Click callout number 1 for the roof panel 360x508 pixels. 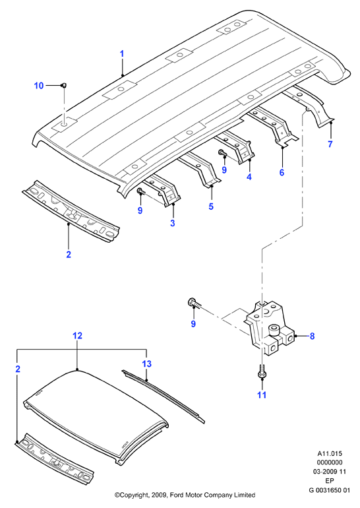(x=122, y=54)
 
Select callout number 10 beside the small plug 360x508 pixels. (x=39, y=86)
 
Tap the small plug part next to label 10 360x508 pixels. (x=64, y=85)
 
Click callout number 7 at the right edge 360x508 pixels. (x=330, y=144)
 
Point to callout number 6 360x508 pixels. (x=282, y=172)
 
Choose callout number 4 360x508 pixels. (x=249, y=177)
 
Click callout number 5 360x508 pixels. (x=211, y=206)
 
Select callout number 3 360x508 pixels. (x=173, y=223)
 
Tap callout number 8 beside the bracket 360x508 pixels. (x=312, y=336)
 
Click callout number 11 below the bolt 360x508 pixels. (x=262, y=395)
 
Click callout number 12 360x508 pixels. (x=78, y=336)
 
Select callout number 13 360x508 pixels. (x=146, y=364)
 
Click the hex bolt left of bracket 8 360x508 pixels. (x=195, y=303)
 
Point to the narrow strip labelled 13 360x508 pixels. (x=164, y=397)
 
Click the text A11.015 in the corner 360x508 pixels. (x=330, y=454)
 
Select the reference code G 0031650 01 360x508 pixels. (x=330, y=490)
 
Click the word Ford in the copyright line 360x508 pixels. (x=177, y=495)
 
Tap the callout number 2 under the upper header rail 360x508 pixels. (x=69, y=254)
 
